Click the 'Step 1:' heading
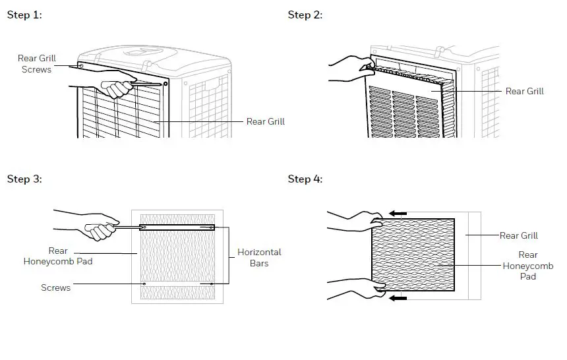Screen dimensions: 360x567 [x=24, y=15]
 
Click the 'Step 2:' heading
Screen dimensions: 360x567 [x=305, y=15]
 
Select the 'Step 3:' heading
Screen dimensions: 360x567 [x=24, y=179]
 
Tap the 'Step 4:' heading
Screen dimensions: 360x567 [x=305, y=179]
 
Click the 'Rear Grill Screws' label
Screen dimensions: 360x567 [x=37, y=64]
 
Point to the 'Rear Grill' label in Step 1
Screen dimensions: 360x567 [x=265, y=121]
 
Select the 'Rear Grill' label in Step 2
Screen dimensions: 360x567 [x=524, y=91]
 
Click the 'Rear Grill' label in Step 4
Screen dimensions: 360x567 [x=518, y=235]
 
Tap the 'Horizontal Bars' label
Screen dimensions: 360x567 [x=259, y=257]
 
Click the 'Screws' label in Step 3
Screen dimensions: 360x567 [x=55, y=287]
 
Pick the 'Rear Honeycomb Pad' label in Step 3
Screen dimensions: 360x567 [x=58, y=256]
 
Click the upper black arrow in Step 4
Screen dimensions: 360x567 [x=398, y=214]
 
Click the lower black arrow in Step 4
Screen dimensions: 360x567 [x=398, y=298]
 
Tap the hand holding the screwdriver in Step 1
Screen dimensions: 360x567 [x=115, y=87]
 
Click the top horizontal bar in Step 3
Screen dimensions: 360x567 [x=177, y=227]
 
